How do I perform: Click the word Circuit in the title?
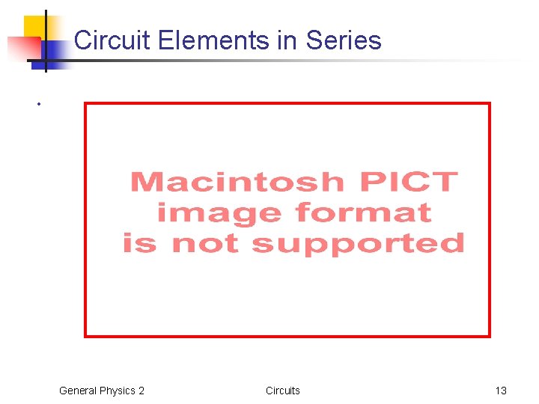click(113, 40)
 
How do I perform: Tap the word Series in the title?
click(342, 40)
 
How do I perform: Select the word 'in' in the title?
click(287, 40)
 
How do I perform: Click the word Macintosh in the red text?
click(237, 182)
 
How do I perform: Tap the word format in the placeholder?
click(363, 212)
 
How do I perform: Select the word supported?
click(358, 243)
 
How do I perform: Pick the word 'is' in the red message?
click(140, 243)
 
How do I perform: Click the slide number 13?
click(501, 391)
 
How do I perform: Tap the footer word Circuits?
click(283, 391)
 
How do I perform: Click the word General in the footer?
click(78, 391)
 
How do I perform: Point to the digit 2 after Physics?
click(141, 391)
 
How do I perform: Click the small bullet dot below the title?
click(36, 104)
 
